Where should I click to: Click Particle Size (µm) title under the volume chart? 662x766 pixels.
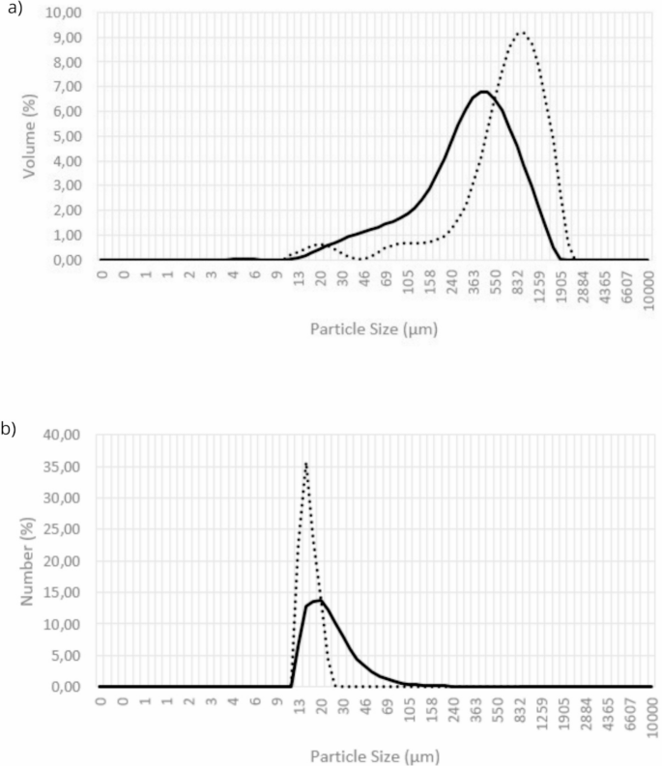tap(374, 329)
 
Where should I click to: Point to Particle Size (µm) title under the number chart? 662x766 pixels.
tap(374, 755)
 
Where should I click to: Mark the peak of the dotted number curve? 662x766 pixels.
tap(305, 464)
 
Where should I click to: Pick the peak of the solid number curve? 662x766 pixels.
tap(320, 600)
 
